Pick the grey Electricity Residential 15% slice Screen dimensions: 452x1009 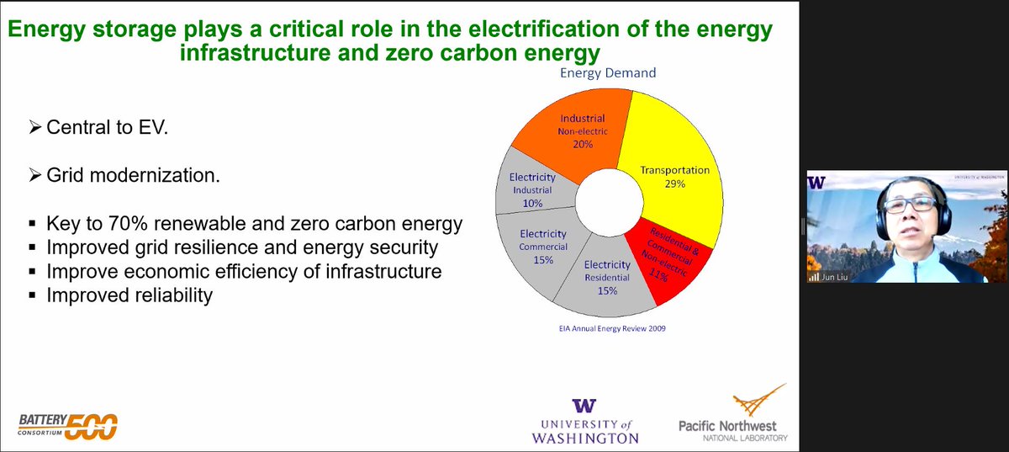click(602, 277)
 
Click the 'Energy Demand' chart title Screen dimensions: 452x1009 click(608, 73)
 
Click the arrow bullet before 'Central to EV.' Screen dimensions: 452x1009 click(34, 130)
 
